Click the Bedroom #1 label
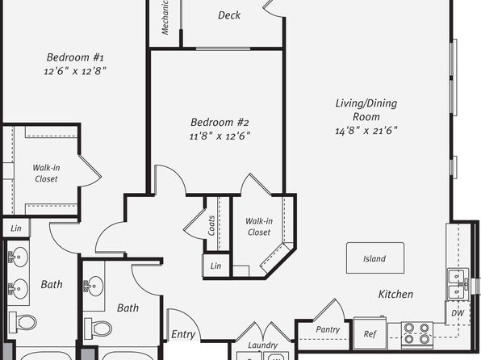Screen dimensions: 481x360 (x=75, y=57)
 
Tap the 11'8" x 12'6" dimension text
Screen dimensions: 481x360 (x=220, y=136)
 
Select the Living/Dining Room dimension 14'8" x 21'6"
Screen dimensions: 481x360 (x=366, y=131)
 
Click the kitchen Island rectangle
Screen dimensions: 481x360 (x=375, y=257)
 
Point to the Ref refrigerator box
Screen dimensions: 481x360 (x=370, y=333)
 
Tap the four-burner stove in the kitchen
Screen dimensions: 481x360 (x=417, y=333)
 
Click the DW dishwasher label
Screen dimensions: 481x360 (x=458, y=313)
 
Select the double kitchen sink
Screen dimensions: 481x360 (x=458, y=284)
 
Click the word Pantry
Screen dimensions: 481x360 (x=328, y=329)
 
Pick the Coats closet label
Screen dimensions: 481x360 (x=211, y=225)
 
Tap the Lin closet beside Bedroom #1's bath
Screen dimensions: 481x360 (x=16, y=228)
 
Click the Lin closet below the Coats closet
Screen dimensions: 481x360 (x=216, y=266)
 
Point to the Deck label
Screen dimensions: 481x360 (x=229, y=15)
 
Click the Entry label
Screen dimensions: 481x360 (x=183, y=334)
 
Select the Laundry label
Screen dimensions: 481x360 (x=262, y=345)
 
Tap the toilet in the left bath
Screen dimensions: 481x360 (x=23, y=322)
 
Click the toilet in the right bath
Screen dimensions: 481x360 (x=98, y=328)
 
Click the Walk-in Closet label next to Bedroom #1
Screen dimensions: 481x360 (x=46, y=173)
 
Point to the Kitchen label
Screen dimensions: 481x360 (x=395, y=294)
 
